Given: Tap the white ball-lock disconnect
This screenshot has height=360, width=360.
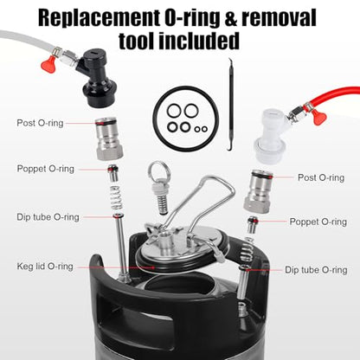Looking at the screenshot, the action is pos(271,136).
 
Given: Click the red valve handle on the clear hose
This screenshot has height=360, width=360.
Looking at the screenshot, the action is pos(48,64).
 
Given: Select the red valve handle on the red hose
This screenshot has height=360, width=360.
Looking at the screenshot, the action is pos(319,117).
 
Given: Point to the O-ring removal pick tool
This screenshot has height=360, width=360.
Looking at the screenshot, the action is pos(231,105).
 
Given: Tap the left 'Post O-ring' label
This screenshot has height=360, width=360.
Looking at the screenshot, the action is pos(40,123).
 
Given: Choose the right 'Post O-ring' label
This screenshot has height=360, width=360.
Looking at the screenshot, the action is pos(321,177).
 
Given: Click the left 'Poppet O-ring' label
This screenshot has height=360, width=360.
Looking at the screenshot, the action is pos(45,169).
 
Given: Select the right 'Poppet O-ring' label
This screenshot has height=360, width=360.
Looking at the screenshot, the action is pos(318,222).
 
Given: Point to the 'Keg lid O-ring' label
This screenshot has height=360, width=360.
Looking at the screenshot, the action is pos(45,266).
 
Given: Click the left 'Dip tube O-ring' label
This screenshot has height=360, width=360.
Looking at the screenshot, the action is pos(48,217).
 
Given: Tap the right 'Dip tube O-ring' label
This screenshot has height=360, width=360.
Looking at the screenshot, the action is pos(316,270).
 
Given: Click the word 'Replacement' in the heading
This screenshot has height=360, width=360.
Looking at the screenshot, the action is pos(99,18).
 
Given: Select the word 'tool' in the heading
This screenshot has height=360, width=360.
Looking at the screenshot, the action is pos(136,41).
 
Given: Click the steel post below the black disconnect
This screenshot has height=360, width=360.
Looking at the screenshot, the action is pos(110,138).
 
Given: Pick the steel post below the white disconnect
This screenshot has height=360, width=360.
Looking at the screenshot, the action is pos(258,191).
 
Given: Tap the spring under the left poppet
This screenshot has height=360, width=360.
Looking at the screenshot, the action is pos(117,198).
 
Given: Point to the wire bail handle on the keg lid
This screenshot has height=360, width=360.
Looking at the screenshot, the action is pos(202,202).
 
